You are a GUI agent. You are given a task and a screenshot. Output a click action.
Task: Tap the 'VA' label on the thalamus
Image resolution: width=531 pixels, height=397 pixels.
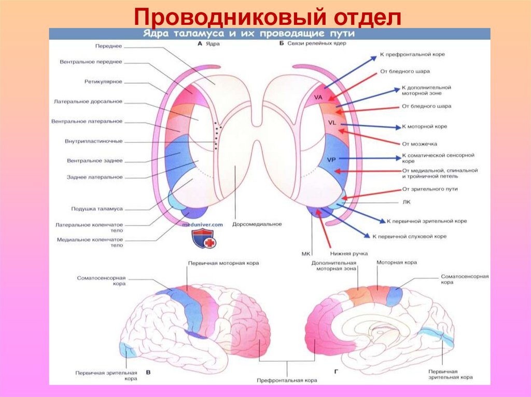coord(318,97)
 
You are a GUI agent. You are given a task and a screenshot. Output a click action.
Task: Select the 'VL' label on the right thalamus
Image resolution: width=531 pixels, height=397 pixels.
coord(332,123)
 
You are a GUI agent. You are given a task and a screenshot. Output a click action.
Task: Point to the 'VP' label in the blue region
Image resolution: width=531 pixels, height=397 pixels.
coord(332,159)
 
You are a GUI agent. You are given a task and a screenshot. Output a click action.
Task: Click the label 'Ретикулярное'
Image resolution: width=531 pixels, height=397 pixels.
coord(103,81)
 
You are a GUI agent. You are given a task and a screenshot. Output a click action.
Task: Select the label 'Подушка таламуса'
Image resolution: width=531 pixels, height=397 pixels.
coord(96,209)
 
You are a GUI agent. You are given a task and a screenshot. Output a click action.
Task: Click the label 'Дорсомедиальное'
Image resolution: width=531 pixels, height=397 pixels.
coord(257,224)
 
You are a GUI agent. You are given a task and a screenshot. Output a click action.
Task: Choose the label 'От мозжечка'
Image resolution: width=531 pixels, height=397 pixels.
coord(418,143)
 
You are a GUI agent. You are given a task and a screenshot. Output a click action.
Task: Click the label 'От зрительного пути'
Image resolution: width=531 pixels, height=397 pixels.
coord(430,189)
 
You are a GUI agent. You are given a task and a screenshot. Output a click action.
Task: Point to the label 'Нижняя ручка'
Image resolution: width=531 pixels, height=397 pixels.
coord(348,254)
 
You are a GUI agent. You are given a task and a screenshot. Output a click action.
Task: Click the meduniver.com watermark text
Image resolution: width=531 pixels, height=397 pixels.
coord(202,224)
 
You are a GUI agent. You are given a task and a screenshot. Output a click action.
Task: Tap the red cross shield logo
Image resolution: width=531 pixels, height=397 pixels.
coord(202,238)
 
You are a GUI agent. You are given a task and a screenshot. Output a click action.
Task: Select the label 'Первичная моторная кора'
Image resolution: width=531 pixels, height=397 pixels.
coord(223,263)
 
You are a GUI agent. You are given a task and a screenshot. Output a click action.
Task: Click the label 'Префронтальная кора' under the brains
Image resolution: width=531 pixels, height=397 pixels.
coord(287,380)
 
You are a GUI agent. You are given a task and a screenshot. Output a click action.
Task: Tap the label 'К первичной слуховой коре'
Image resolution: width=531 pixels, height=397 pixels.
coord(409,236)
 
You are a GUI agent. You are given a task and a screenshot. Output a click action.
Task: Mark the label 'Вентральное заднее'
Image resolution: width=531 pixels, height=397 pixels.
coord(95,160)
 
